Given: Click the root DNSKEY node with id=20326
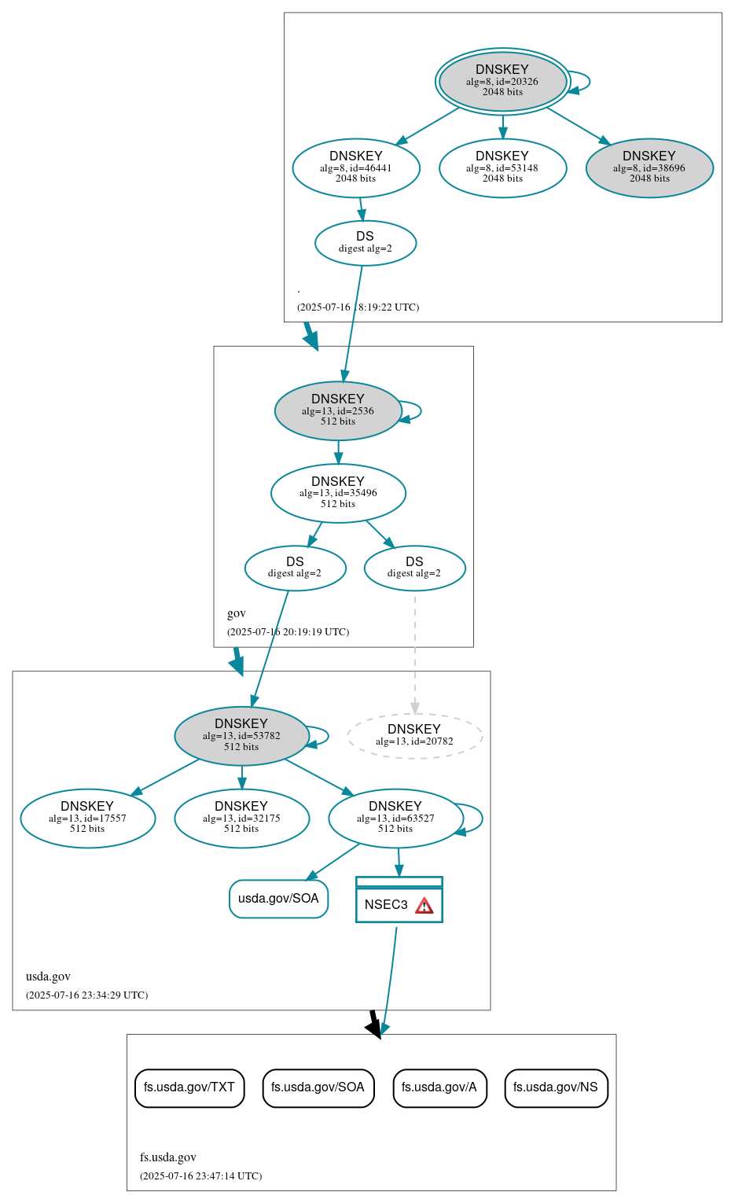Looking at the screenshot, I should tap(502, 81).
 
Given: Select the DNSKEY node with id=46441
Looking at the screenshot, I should tap(356, 167).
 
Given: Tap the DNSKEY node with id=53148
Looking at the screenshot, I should tap(502, 167).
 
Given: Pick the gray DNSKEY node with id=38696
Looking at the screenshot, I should tap(649, 167).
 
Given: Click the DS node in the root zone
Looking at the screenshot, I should tap(366, 243).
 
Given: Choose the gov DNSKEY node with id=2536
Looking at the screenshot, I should tap(338, 410).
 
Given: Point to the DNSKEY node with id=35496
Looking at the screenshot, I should tap(338, 493).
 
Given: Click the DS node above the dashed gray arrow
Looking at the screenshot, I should tap(414, 568).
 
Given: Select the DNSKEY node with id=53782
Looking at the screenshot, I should tap(241, 736).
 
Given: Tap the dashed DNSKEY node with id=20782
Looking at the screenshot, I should tap(414, 736).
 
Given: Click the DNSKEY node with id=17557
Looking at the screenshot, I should tap(87, 819).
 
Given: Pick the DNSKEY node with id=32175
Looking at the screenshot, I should tap(241, 819).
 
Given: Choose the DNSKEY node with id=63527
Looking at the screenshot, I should tap(395, 819).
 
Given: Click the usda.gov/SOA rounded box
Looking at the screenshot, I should tap(278, 899).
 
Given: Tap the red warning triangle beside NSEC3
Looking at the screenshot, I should tap(424, 906).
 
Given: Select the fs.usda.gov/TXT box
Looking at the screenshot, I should tap(189, 1087).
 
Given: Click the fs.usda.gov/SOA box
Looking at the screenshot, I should tap(318, 1087).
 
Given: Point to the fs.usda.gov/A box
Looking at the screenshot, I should tap(439, 1087).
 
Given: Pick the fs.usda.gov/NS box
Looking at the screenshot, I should tap(556, 1087).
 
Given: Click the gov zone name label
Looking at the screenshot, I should tap(237, 613).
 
